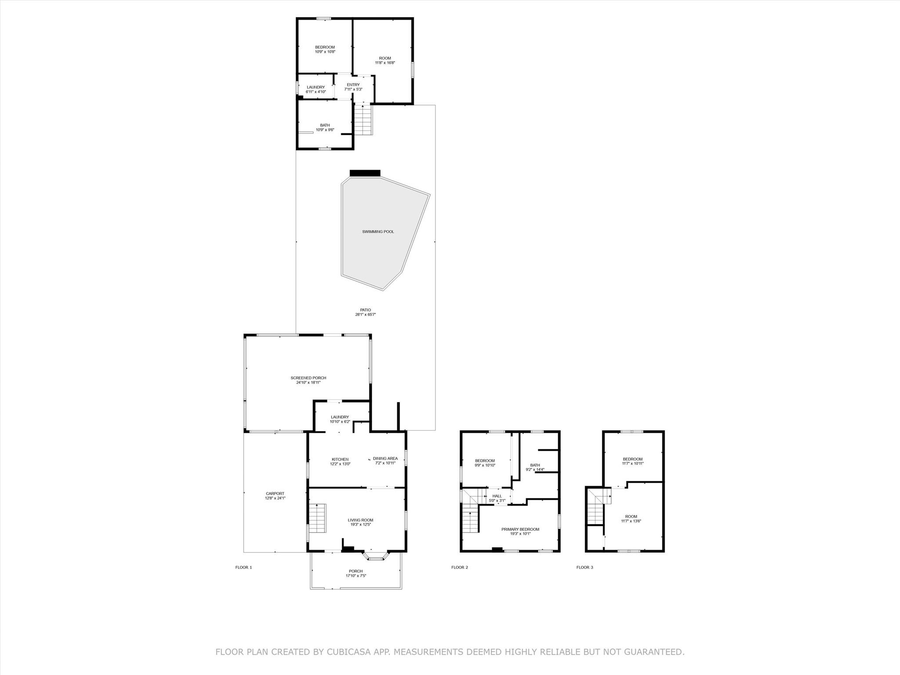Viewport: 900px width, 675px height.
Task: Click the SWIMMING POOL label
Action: point(378,232)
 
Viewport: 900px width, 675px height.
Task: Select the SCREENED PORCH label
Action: point(308,380)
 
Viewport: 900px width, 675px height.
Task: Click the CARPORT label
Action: point(275,496)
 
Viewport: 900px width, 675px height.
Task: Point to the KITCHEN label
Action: point(340,461)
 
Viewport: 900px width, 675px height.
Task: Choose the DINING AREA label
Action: point(385,461)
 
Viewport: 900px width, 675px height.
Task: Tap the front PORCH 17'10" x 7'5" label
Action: point(356,573)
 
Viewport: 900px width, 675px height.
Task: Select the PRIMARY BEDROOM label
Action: point(520,531)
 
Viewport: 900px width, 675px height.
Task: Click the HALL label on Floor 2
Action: point(497,498)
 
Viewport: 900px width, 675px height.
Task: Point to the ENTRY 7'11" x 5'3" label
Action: point(353,87)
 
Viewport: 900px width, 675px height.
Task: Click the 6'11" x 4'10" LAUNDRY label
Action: point(316,89)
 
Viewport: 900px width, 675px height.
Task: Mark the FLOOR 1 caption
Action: point(243,567)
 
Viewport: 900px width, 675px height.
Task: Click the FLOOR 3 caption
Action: point(584,567)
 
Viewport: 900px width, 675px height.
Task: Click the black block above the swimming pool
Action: point(365,173)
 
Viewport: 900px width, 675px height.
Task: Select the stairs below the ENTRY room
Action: point(363,120)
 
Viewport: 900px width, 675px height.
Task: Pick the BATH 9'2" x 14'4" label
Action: point(535,467)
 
